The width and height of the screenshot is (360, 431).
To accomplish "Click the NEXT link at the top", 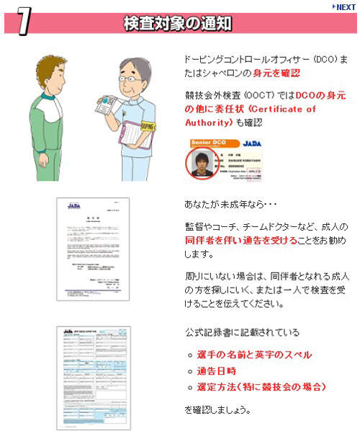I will pos(343,6).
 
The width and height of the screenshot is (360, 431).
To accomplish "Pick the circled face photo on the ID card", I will pos(201,163).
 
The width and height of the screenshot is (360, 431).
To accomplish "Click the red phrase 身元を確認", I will pos(276,73).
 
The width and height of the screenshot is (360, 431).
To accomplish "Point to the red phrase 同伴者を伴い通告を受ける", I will pos(230,239).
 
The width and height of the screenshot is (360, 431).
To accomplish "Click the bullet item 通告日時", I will pos(216,371).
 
